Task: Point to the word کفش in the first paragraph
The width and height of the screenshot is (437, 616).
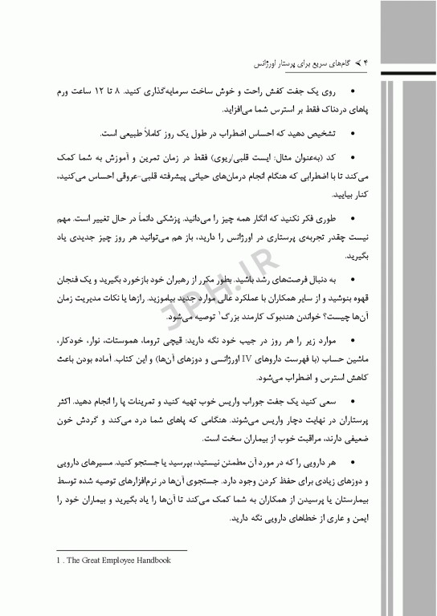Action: click(x=292, y=92)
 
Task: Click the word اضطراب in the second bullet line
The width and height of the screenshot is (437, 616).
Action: click(x=239, y=133)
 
